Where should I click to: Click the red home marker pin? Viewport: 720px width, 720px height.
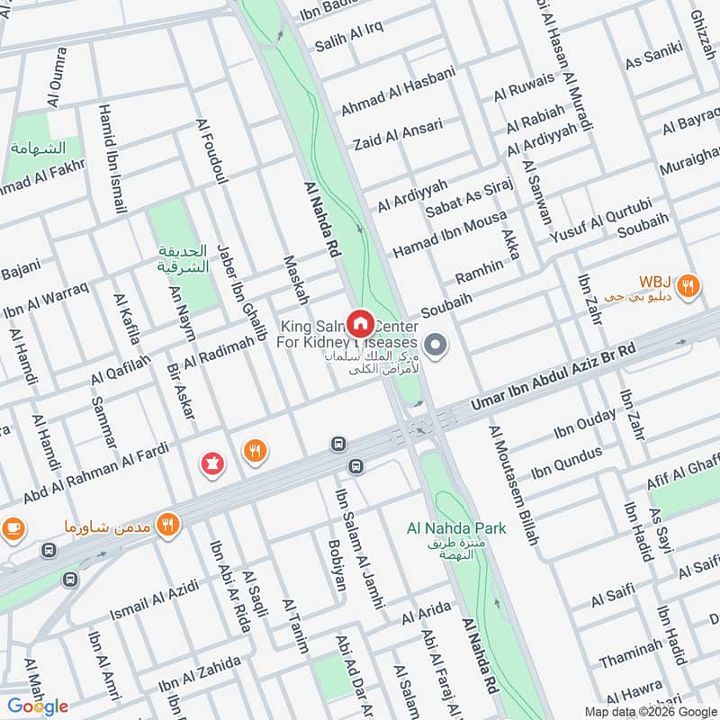(x=361, y=322)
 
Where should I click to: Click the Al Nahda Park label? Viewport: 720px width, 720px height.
(x=456, y=528)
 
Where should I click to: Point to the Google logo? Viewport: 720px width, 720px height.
(x=38, y=706)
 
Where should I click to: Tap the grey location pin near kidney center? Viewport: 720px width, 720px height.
(x=436, y=346)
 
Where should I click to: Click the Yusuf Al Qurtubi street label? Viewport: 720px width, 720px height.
(x=599, y=220)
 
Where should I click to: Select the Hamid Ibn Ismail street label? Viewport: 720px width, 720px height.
(x=112, y=171)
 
